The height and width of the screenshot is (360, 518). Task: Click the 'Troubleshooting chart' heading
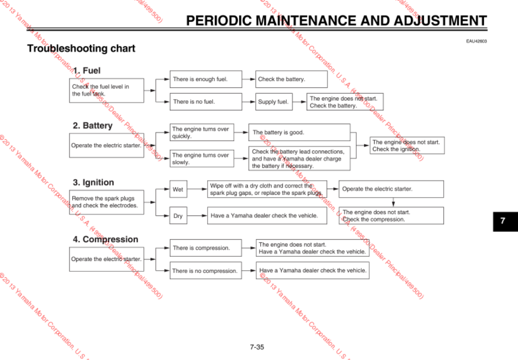point(81,48)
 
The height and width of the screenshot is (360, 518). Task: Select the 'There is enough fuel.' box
point(206,79)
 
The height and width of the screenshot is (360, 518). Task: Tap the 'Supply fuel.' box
point(273,102)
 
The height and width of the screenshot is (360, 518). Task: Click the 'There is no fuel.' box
point(206,102)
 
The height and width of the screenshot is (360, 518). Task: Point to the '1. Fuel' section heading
point(87,70)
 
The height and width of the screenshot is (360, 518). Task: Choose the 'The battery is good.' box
point(299,132)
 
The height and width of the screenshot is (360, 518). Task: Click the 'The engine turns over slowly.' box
point(202,159)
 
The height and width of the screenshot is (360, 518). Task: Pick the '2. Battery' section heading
point(92,125)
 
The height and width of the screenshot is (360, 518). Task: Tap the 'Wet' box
point(178,190)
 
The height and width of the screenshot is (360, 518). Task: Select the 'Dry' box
point(178,215)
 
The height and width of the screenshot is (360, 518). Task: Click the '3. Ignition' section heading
point(93,182)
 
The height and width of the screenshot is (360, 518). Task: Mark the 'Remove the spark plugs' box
point(107,202)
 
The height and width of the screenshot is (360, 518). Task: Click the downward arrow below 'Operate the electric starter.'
point(393,202)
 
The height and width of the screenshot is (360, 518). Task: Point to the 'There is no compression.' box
point(206,271)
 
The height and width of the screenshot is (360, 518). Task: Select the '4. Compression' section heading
point(105,239)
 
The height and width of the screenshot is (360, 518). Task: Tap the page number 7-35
point(257,347)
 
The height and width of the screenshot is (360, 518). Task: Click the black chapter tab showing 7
point(503,221)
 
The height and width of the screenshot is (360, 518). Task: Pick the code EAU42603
point(476,41)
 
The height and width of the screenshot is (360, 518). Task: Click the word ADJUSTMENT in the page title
point(440,20)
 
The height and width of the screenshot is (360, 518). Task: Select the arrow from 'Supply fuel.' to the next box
point(299,102)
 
